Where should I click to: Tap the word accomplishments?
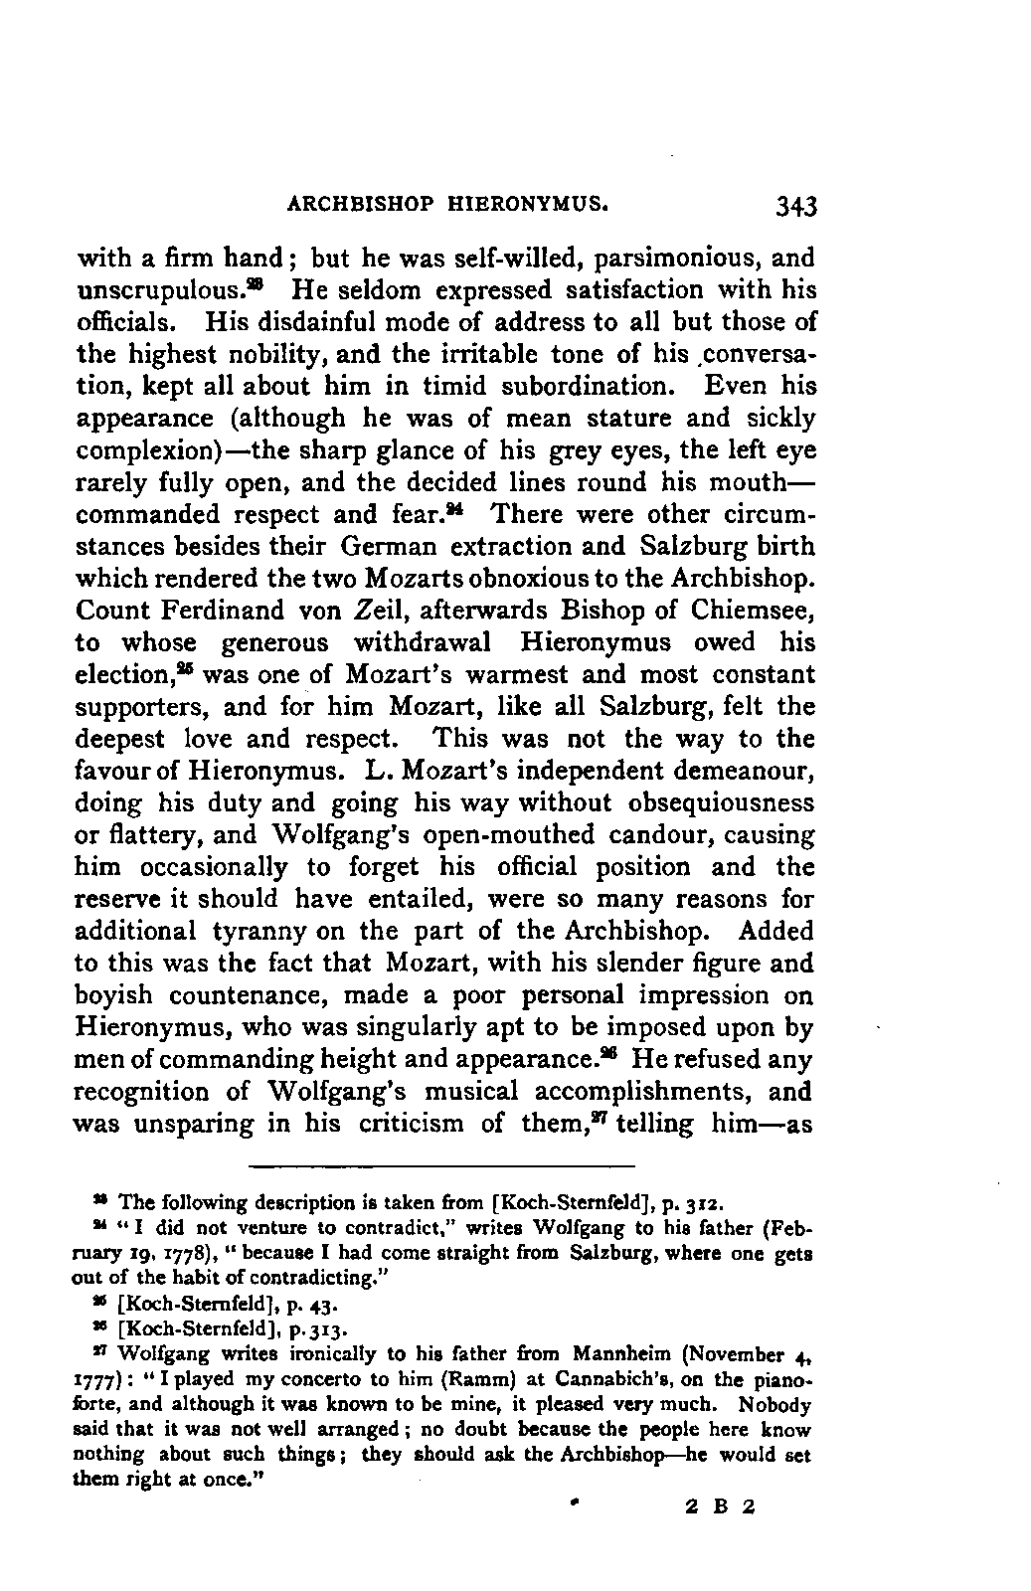(648, 1092)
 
